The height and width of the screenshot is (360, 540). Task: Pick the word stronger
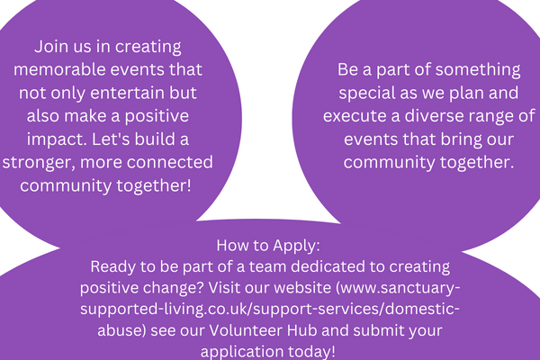pyautogui.click(x=39, y=163)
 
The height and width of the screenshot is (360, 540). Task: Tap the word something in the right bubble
pyautogui.click(x=478, y=70)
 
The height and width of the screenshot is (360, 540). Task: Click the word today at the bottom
pyautogui.click(x=310, y=352)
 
